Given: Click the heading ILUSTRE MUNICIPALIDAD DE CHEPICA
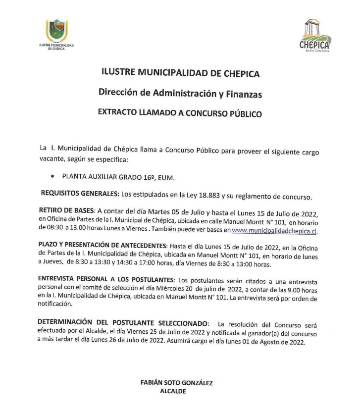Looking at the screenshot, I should [180, 74].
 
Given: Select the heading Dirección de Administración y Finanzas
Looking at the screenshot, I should [180, 93].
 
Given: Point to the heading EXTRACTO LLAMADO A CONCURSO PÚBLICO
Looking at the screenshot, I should [180, 112].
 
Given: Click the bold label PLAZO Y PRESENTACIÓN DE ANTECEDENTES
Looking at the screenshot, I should [102, 245].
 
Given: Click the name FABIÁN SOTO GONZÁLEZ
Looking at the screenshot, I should [180, 383].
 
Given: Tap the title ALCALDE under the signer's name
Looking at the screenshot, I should [180, 391].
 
